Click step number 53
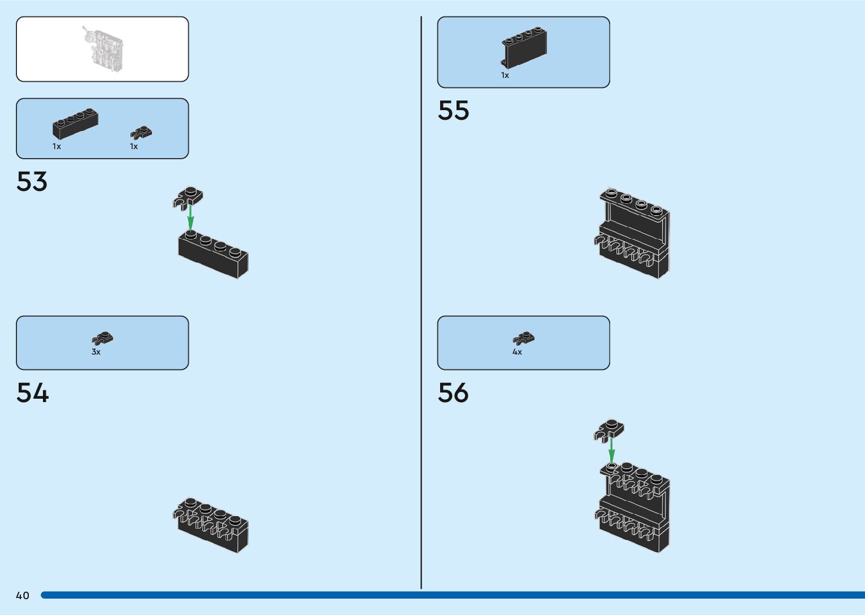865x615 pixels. point(32,181)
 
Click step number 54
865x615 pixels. point(32,392)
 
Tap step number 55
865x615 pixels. point(453,111)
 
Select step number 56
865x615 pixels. point(453,392)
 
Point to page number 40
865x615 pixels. point(23,595)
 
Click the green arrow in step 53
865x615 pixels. point(190,218)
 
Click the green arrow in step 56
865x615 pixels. point(611,450)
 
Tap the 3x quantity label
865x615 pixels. point(96,352)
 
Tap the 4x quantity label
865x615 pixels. point(517,352)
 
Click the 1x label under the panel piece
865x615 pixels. point(505,75)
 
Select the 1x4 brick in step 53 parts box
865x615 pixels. point(75,124)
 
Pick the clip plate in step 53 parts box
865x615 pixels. point(141,132)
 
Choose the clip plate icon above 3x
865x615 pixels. point(103,338)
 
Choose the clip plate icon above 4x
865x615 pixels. point(524,338)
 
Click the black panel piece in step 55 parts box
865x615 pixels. point(524,47)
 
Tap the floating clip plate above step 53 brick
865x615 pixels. point(188,198)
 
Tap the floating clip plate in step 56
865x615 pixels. point(608,430)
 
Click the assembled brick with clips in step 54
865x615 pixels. point(210,525)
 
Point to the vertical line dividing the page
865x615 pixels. point(421,303)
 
